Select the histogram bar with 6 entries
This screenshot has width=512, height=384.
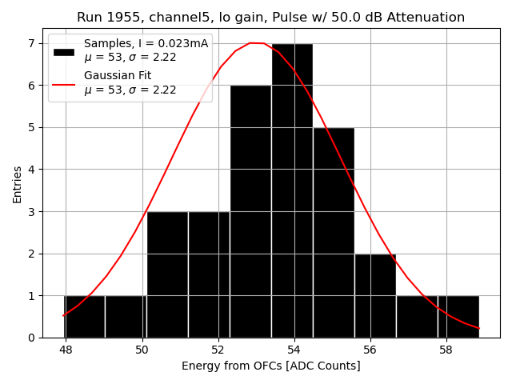(250, 211)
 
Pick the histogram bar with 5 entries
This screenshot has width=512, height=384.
(334, 232)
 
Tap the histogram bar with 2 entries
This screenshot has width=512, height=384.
(375, 295)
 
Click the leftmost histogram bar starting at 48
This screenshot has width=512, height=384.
(84, 317)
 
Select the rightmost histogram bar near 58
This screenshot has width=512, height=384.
(458, 317)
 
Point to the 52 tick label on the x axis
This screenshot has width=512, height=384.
(218, 350)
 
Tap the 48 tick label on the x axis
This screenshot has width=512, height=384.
(66, 350)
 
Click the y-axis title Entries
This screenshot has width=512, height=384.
(18, 183)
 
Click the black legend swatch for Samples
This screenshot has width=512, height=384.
(63, 51)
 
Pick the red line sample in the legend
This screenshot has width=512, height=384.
(63, 83)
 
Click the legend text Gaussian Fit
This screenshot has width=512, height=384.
(118, 76)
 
